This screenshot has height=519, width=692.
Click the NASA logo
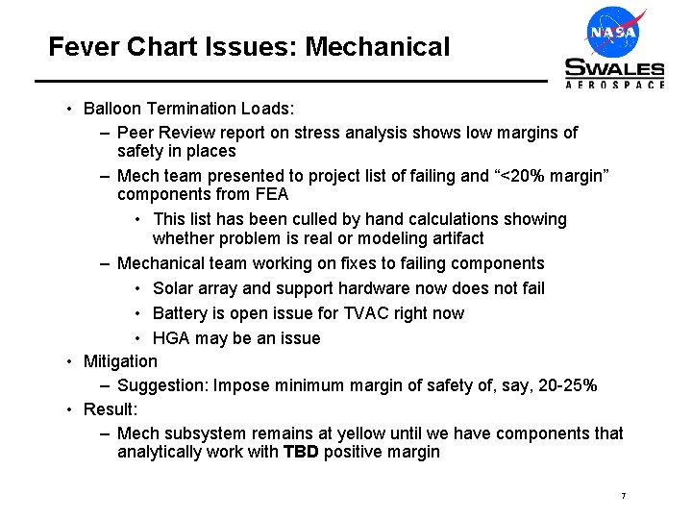coord(614,32)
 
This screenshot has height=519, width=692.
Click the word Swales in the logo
coord(614,68)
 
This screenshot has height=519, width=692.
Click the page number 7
coord(624,496)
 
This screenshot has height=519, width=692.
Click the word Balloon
coord(113,108)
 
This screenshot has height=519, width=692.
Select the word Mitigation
coord(120,361)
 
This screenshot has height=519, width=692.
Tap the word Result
coord(108,409)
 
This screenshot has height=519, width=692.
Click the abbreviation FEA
coord(271,194)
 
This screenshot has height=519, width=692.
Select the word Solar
coord(173,288)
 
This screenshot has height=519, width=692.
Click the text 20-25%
coord(563,385)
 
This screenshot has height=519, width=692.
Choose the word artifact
coord(453,237)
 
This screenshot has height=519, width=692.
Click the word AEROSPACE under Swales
coord(614,85)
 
